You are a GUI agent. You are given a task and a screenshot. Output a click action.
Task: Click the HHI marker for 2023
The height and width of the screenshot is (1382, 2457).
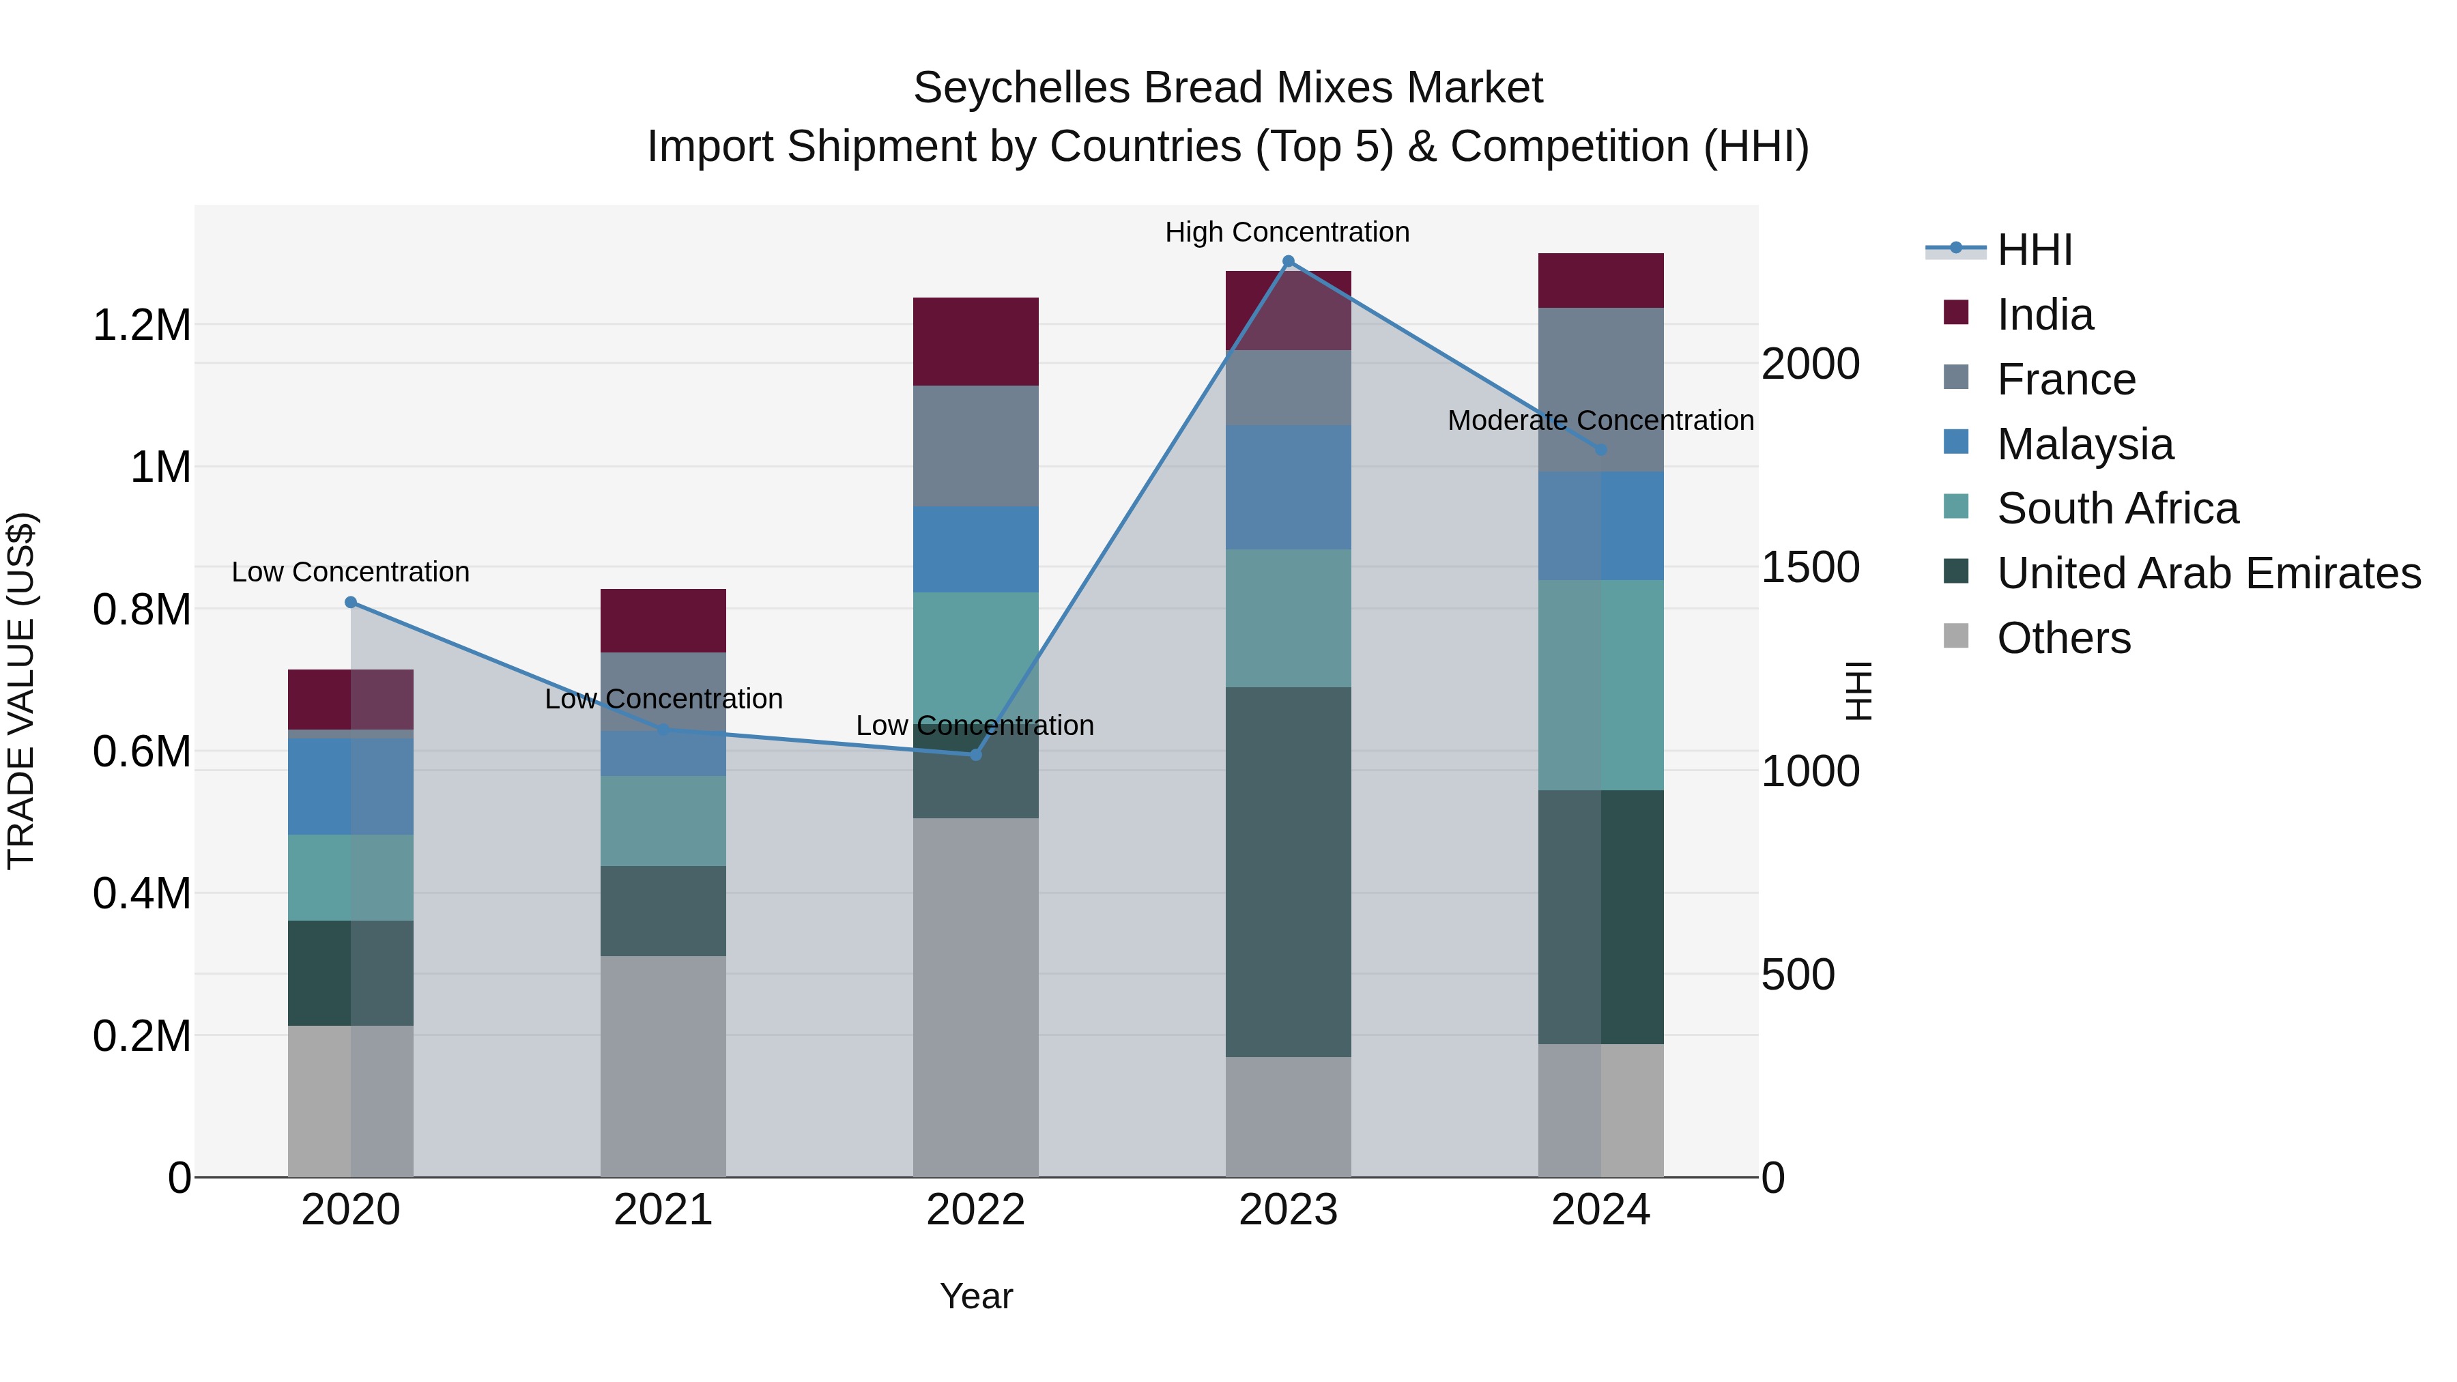[1288, 261]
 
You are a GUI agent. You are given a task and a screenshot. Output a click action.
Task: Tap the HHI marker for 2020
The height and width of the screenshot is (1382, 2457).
[351, 602]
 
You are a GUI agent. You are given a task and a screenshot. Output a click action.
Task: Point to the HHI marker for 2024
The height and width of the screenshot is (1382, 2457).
[1600, 449]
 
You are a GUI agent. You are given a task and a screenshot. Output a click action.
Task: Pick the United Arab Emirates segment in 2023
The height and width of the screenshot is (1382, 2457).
[1288, 871]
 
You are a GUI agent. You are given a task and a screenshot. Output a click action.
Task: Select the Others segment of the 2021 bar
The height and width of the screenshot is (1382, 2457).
[663, 1065]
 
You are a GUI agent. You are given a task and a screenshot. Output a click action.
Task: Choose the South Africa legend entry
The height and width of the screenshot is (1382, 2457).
[2117, 508]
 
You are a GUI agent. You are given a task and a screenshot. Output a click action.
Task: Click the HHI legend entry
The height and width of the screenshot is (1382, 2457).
[2034, 250]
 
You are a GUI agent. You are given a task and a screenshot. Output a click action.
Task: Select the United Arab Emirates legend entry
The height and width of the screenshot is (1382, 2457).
[2208, 573]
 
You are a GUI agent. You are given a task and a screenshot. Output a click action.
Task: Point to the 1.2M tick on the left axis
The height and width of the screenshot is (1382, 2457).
[141, 326]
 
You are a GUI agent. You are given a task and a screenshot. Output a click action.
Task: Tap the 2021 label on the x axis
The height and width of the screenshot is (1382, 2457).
[663, 1209]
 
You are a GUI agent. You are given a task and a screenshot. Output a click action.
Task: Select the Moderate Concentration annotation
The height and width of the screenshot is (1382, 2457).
[1600, 420]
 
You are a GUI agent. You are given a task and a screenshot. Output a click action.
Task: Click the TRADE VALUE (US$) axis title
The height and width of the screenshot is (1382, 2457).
[21, 691]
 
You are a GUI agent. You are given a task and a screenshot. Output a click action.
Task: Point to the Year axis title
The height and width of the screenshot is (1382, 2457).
[976, 1296]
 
